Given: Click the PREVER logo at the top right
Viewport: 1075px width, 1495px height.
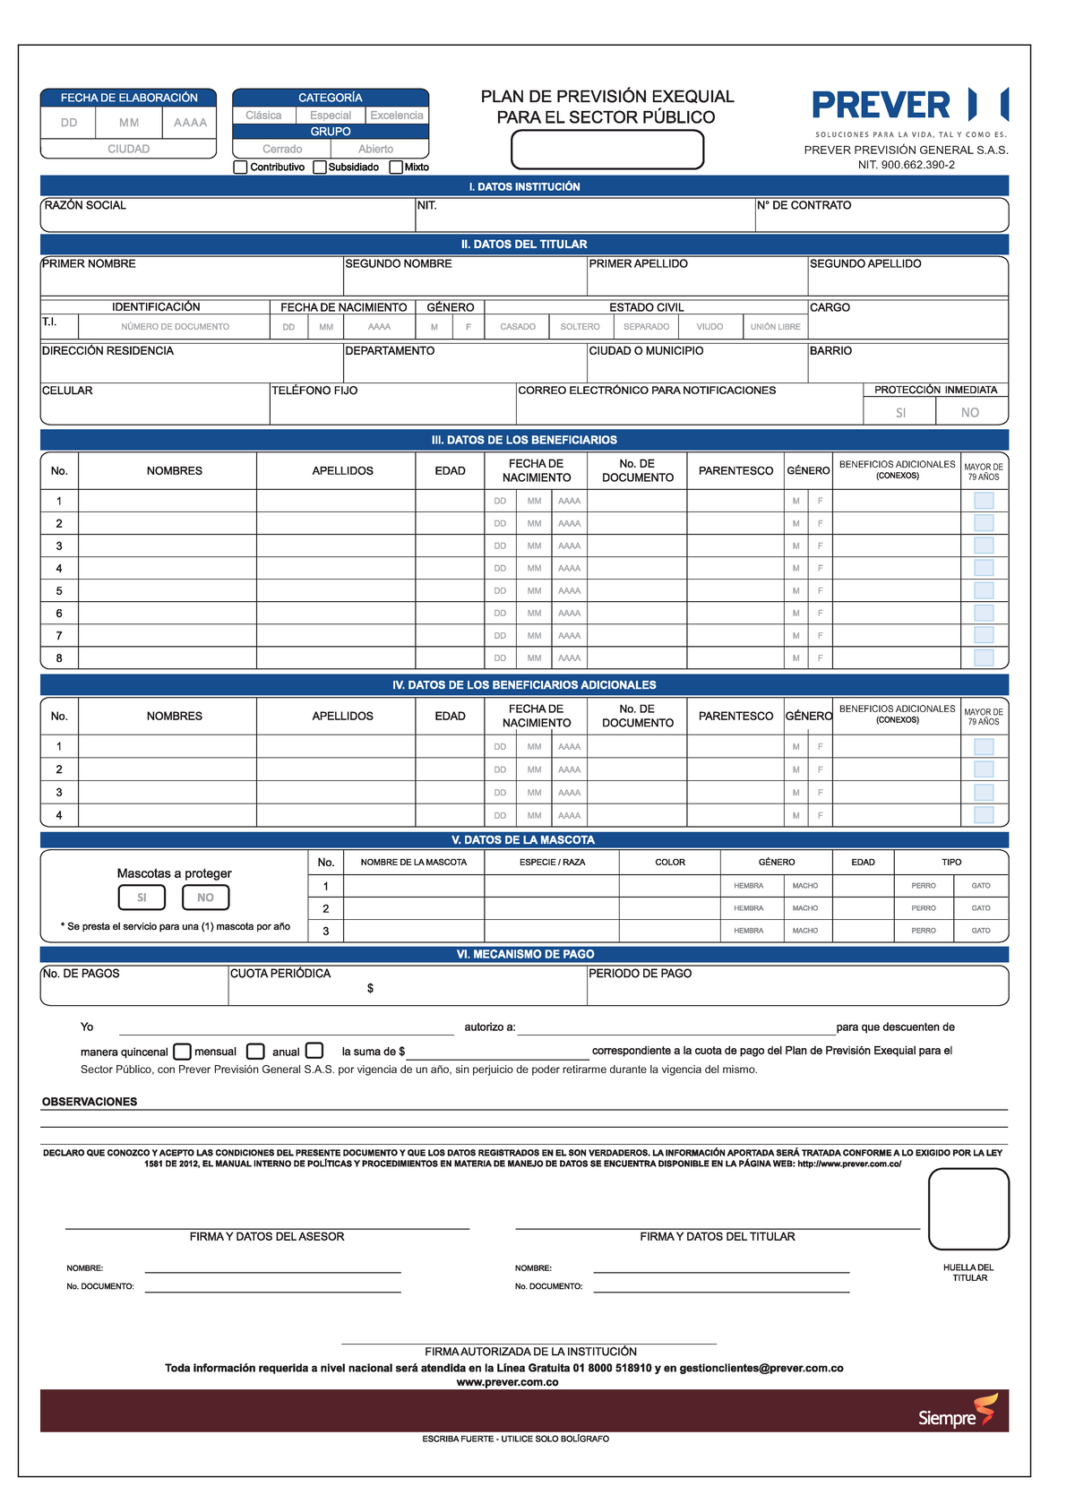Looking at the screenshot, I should [x=908, y=106].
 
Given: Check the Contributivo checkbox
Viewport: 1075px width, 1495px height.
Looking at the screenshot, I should [x=240, y=168].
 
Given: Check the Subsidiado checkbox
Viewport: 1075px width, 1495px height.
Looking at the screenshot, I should [x=319, y=168].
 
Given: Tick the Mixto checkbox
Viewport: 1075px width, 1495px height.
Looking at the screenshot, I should [x=396, y=168].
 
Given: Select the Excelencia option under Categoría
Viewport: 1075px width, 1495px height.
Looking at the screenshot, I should [x=397, y=116].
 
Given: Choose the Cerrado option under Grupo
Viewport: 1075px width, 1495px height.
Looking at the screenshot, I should [x=282, y=149].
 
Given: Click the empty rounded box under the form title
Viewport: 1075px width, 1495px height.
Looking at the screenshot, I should [x=606, y=150].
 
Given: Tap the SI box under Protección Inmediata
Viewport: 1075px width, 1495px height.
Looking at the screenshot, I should [x=900, y=412].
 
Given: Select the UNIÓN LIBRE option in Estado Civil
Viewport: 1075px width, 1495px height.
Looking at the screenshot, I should [x=775, y=327].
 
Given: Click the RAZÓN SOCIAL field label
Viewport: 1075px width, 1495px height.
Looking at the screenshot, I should [x=85, y=206].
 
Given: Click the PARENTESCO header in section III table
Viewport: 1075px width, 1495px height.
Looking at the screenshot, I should [x=735, y=471].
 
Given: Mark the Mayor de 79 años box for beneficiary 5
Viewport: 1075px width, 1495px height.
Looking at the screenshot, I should [x=984, y=590].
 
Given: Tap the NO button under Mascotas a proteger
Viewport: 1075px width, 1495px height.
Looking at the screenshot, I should [x=205, y=898].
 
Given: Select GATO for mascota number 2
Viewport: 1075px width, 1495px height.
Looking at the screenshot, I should [x=981, y=908].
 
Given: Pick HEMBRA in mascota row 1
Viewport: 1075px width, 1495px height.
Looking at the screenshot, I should [x=748, y=886].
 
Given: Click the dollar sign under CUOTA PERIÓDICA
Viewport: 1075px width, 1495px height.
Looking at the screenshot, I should [x=370, y=989].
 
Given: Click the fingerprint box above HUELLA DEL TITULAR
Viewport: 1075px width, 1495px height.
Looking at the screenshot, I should [x=968, y=1208].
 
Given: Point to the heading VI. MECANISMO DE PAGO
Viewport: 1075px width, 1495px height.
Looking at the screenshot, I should [x=524, y=955].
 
